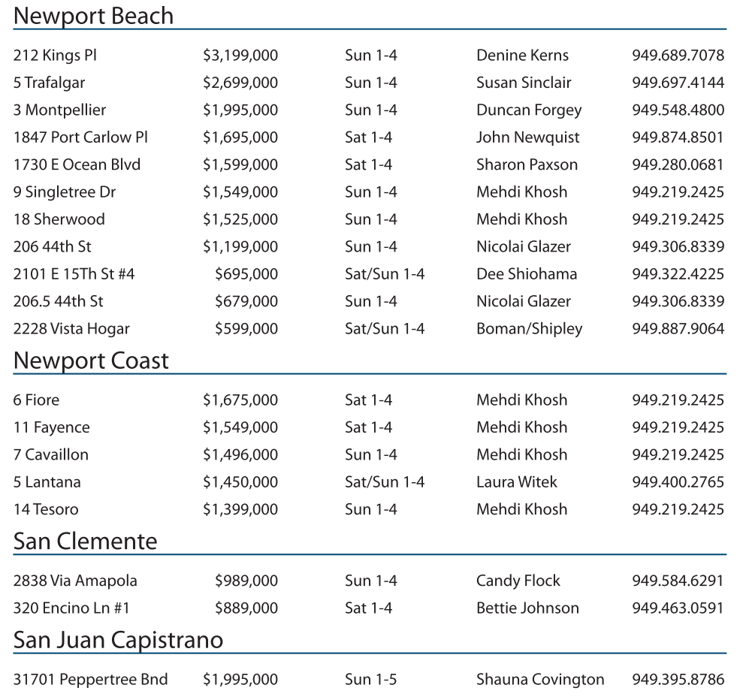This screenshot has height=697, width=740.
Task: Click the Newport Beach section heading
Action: [93, 16]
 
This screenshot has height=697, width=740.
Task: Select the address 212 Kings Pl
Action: [55, 56]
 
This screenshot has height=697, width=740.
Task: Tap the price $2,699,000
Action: [240, 83]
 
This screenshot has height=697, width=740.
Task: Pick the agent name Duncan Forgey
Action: [529, 110]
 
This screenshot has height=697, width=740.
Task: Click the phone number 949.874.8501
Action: [678, 137]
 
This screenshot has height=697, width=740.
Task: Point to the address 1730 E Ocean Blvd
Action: [77, 165]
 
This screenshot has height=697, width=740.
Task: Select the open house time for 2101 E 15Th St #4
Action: [385, 274]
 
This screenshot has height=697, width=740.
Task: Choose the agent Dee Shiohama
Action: [527, 274]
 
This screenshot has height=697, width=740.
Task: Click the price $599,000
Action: [246, 329]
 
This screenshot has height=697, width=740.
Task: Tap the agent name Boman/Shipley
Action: [529, 329]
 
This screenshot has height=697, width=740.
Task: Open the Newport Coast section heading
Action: [91, 361]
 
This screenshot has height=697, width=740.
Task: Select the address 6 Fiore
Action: [36, 400]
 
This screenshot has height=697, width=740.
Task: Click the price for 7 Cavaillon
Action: [240, 455]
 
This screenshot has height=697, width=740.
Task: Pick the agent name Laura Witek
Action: [517, 482]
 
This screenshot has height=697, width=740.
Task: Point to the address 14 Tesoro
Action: [46, 510]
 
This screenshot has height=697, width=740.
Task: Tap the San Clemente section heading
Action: [85, 542]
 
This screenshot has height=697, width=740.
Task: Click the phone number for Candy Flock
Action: [678, 581]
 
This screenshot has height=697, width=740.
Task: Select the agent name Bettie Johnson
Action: [527, 608]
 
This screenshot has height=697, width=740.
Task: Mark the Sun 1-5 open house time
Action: [371, 680]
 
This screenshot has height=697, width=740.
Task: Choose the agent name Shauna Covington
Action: [540, 680]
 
